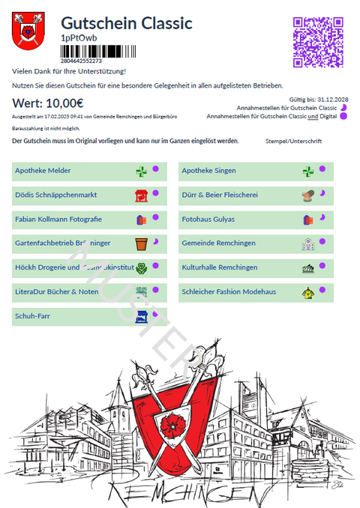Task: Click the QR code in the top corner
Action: point(319,42)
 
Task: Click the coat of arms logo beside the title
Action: point(30,31)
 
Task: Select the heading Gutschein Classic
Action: point(127,24)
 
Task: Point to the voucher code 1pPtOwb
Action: point(79,37)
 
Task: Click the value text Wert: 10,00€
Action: point(48,103)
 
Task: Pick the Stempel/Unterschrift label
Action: point(293,141)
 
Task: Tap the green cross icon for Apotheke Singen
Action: point(307,172)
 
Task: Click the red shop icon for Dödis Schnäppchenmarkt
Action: point(140,196)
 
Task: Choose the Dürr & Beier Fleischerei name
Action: point(220,195)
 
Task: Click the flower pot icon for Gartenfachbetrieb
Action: point(141,244)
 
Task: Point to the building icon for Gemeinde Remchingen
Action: point(307,244)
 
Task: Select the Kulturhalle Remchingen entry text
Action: point(220,267)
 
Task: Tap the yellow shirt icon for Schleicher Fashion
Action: point(307,292)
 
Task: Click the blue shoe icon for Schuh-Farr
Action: point(141,317)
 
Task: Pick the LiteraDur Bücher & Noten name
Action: point(56,291)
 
